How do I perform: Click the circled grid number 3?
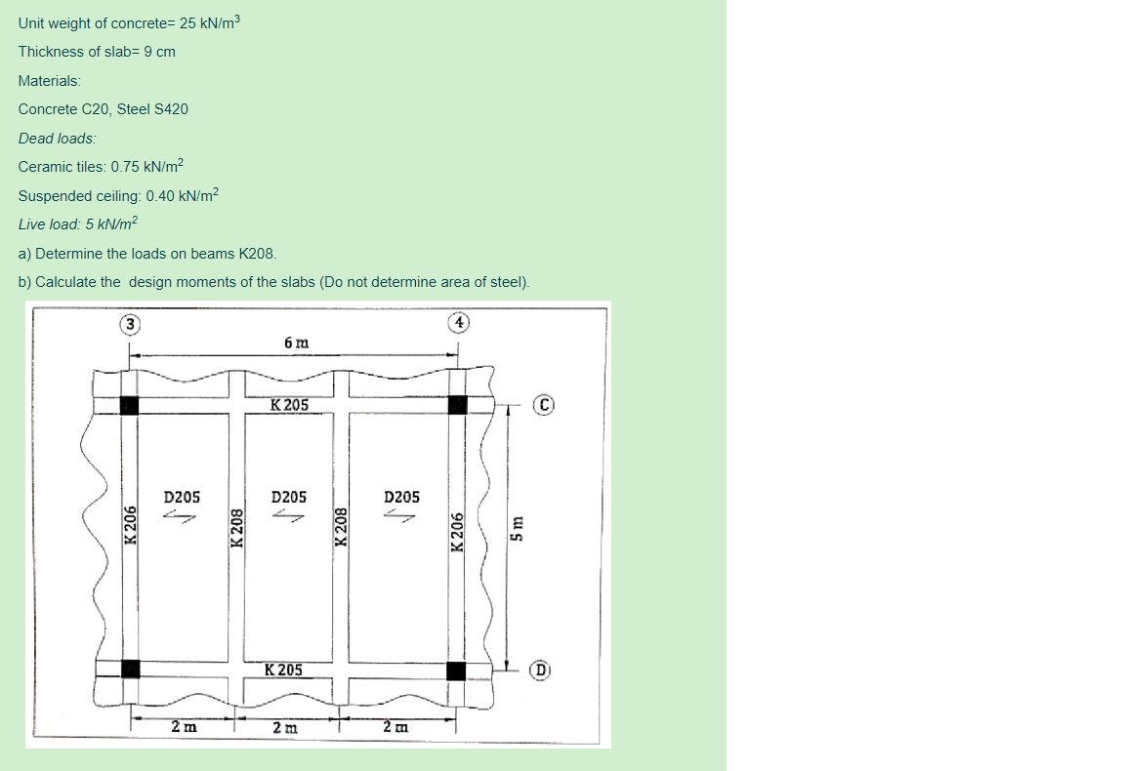(128, 323)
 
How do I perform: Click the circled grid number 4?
(460, 322)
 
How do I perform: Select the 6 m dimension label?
(296, 343)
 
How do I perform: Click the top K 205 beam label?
(289, 405)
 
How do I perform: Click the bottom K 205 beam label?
(283, 670)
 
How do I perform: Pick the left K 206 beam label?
(128, 532)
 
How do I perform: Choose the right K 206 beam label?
(457, 532)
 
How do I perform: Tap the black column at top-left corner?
(129, 405)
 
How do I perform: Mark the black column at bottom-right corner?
(456, 670)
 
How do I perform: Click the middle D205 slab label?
(289, 497)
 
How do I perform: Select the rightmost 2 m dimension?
(396, 727)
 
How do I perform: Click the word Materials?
(50, 80)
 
